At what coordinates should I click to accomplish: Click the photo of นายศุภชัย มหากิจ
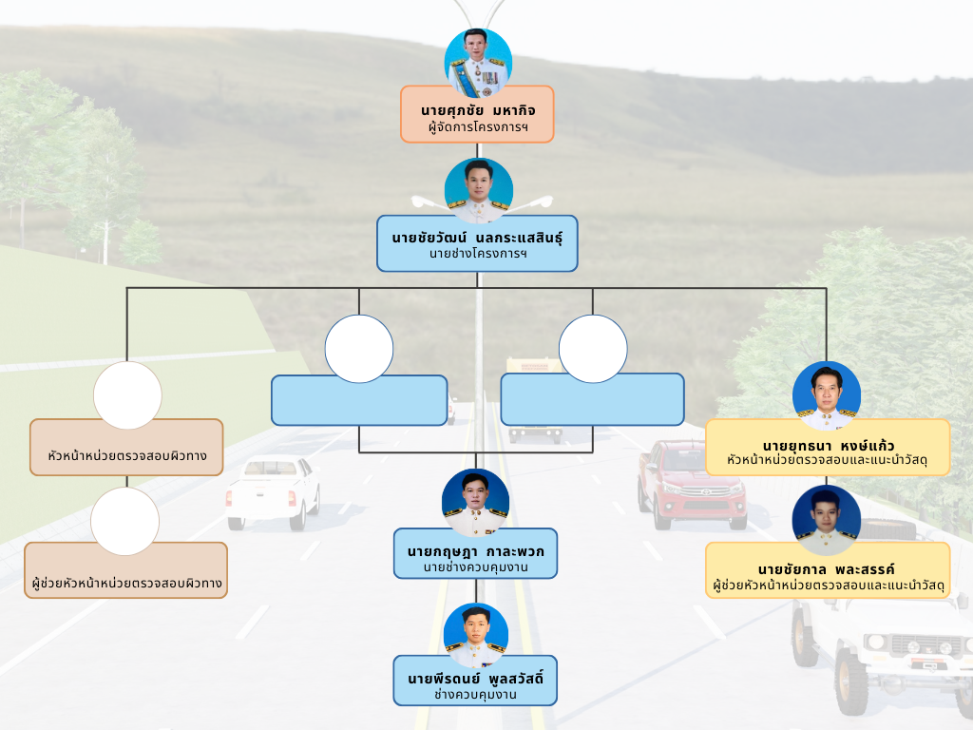point(480,63)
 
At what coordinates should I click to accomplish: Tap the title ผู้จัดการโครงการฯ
point(477,126)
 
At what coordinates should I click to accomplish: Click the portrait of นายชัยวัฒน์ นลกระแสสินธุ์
point(479,191)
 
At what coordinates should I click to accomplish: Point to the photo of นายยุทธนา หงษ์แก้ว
point(827,395)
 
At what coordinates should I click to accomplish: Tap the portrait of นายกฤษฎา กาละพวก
point(476,503)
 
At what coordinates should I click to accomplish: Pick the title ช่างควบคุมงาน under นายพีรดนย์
point(475,695)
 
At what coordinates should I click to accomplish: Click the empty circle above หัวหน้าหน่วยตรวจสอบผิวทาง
point(127,395)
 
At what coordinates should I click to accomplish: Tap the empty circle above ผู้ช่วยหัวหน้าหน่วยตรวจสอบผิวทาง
point(124,521)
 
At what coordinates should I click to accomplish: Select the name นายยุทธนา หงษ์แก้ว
point(828,444)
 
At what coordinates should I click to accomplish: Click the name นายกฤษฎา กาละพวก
point(476,551)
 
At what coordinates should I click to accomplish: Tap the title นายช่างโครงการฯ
point(477,254)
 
